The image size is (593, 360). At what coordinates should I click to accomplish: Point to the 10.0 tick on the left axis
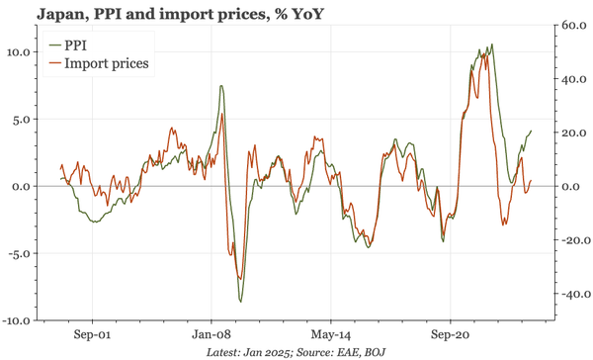click(x=19, y=51)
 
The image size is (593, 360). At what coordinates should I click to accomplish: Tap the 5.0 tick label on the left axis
click(x=22, y=119)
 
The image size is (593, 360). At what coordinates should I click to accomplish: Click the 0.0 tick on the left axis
click(x=22, y=186)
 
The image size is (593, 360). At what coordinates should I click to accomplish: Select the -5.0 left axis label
click(x=20, y=253)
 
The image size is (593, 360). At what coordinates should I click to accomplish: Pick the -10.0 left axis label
click(x=17, y=320)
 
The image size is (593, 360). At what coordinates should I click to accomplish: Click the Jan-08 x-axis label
click(x=212, y=333)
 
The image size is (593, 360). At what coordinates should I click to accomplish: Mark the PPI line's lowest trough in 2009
click(x=240, y=302)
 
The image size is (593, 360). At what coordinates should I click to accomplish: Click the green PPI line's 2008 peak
click(x=220, y=86)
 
